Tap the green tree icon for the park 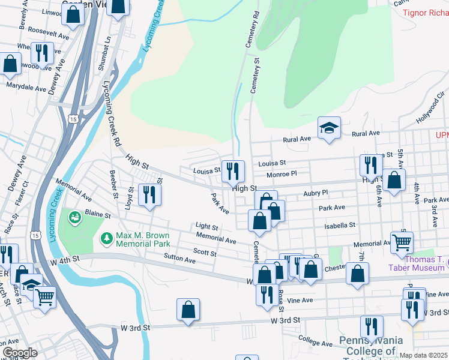coord(107,239)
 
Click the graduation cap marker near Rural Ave coord(329,128)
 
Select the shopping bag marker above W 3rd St coord(188,310)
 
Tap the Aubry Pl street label coord(316,193)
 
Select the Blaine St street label coord(98,214)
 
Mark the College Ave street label coord(315,341)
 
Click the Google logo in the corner coord(20,353)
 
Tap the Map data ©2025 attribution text coord(424,355)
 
